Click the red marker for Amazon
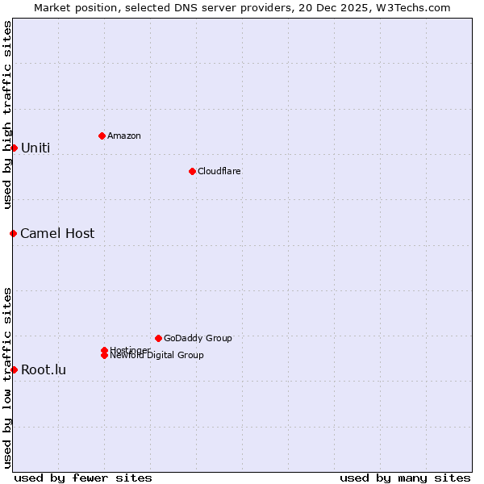coord(102,136)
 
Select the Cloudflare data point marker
coord(192,171)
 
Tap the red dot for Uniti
coord(14,148)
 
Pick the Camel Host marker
coord(13,233)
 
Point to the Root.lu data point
coord(14,369)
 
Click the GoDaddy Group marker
coord(158,338)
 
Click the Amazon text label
coord(124,136)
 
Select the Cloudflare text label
coord(219,171)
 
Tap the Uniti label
coord(35,148)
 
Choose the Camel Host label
coord(57,234)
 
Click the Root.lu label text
coord(44,370)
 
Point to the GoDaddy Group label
coord(198,338)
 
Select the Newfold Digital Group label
coord(156,355)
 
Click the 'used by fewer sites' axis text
coord(83,478)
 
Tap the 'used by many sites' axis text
coord(405,478)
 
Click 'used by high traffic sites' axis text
coord(8,115)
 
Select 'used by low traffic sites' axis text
coord(8,377)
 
